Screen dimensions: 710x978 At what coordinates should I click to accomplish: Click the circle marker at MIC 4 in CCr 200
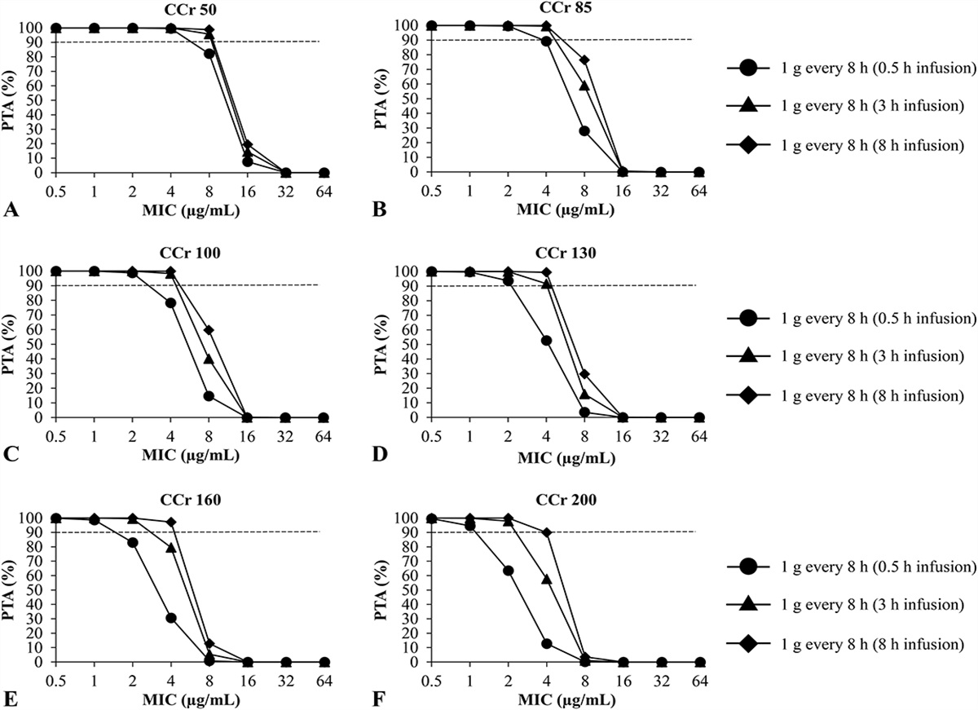click(546, 643)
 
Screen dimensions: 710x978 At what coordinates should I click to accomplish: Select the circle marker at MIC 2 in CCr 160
click(133, 542)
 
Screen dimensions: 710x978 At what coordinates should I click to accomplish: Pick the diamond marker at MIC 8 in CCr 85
click(584, 60)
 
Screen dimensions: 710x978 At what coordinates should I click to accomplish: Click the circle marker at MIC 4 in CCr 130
click(546, 341)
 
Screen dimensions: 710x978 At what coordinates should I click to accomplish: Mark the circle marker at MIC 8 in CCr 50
click(209, 54)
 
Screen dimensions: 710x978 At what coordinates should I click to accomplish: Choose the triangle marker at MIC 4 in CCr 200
click(546, 579)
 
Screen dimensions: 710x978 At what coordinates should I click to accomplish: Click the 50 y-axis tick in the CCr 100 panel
click(32, 344)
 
